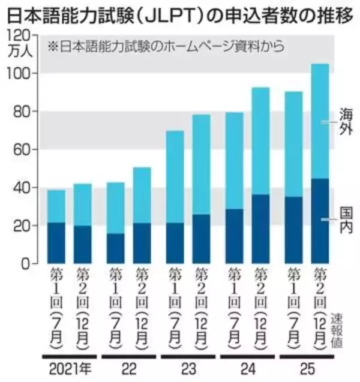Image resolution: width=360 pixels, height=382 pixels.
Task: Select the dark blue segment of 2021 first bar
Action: [x=56, y=243]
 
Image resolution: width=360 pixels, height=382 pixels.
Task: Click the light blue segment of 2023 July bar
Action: [x=175, y=176]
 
